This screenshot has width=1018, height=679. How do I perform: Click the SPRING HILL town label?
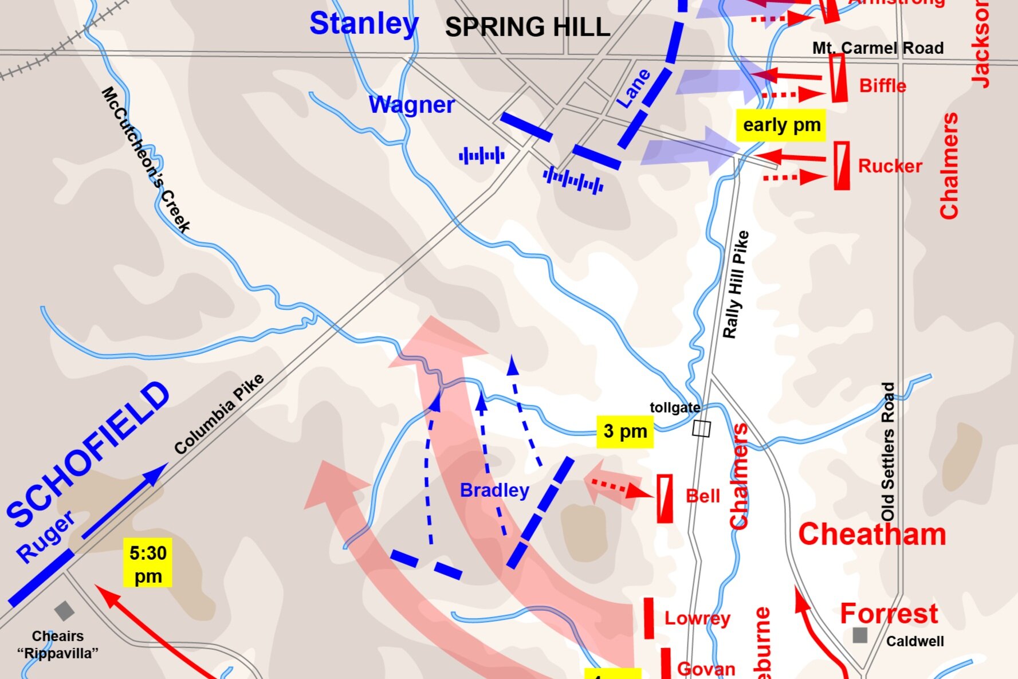coord(527,28)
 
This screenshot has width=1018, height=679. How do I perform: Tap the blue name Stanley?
coord(364,24)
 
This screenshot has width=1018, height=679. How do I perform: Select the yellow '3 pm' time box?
coord(625,431)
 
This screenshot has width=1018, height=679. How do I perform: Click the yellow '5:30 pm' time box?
coord(148,564)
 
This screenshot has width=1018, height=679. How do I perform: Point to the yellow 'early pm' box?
coord(781,125)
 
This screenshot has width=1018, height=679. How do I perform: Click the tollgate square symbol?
coord(701,429)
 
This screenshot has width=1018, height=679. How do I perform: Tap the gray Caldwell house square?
coord(859,635)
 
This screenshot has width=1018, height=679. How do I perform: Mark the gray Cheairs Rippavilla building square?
coord(64,611)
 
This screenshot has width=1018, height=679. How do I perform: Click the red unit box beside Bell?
coord(665,499)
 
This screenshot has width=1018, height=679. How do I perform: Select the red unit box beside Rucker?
coord(841,166)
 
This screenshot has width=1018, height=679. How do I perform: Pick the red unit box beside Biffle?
coord(839,78)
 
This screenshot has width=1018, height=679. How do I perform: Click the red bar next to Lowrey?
coord(648,618)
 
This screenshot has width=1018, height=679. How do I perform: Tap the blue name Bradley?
coord(494,490)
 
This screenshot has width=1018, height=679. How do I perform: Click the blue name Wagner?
coord(411,105)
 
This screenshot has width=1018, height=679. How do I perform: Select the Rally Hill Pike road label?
coord(736,285)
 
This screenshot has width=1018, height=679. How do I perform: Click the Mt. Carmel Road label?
coord(878,48)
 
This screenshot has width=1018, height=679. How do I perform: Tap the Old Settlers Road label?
coord(887,452)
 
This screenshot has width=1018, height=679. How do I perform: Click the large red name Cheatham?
coord(872,535)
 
